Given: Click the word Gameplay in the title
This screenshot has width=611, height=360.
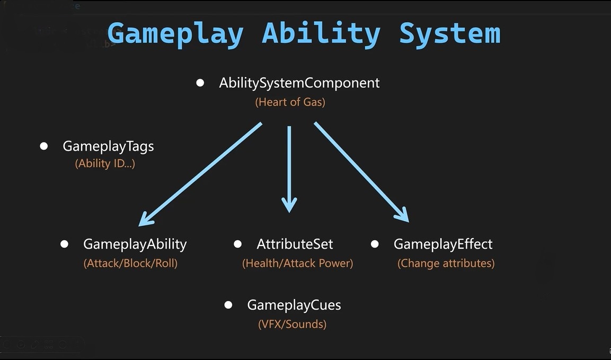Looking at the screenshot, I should [175, 33].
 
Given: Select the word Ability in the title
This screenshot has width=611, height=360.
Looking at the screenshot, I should [321, 33].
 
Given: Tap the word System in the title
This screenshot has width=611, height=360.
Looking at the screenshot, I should [449, 33].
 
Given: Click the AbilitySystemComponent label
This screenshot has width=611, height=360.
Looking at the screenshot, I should [299, 83].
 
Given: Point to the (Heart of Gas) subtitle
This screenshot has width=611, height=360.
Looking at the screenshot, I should [290, 102].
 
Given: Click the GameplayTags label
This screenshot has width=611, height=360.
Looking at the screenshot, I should [108, 146].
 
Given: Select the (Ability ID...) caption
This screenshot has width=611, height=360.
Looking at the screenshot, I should [105, 164].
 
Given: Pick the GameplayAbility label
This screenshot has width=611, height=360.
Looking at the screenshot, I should [135, 244].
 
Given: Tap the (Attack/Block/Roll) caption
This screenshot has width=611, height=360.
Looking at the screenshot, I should [130, 264].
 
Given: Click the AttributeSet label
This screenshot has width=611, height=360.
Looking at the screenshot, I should [295, 244].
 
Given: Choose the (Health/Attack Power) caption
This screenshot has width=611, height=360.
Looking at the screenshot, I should [297, 264].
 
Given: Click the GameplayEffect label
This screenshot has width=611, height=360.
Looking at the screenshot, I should [443, 244].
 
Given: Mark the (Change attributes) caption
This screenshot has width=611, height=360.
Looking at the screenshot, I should [446, 264].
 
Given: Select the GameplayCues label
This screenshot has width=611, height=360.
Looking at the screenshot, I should [294, 305].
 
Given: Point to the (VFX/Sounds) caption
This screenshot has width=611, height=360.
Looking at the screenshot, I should [292, 324].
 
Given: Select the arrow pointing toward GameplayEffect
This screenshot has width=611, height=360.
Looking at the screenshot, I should [361, 172].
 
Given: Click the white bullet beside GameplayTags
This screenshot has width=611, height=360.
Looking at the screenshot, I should [44, 146].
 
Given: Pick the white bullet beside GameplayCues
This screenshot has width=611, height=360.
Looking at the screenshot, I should [228, 305].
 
